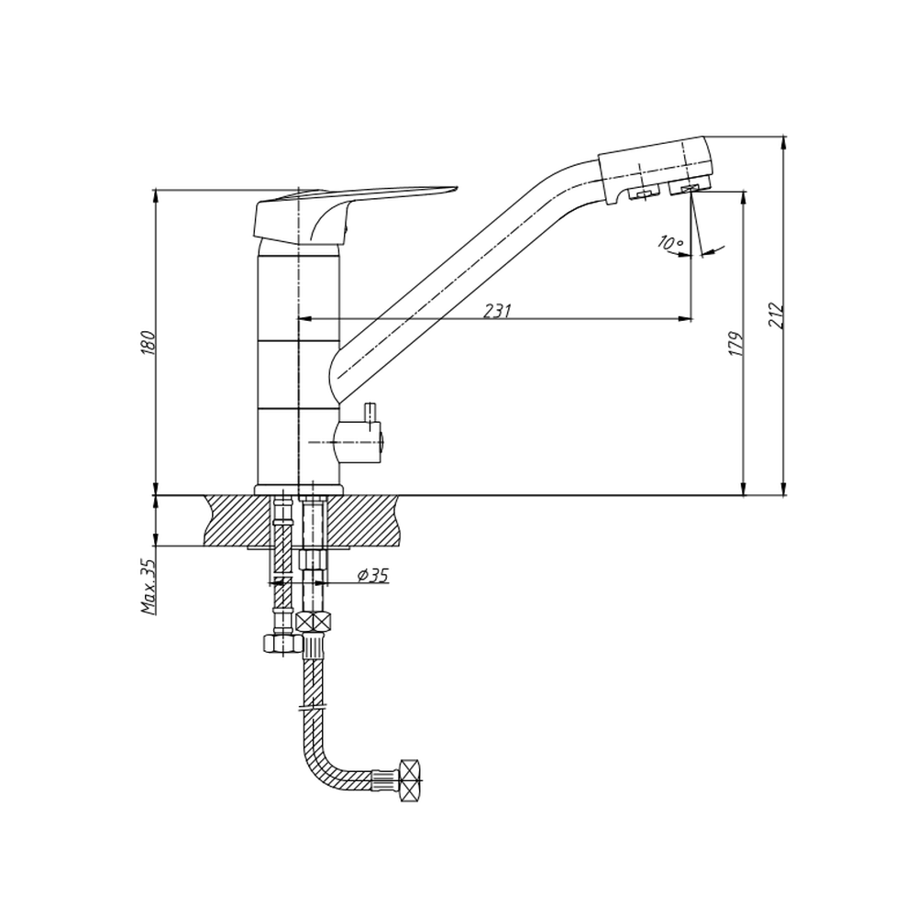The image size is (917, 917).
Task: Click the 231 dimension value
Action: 497,311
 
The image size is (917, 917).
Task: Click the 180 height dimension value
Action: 149,343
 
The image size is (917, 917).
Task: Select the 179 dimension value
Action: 737,344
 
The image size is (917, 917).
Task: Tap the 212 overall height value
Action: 778,315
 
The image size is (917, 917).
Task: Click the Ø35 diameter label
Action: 373,576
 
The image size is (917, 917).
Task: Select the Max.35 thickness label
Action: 149,587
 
